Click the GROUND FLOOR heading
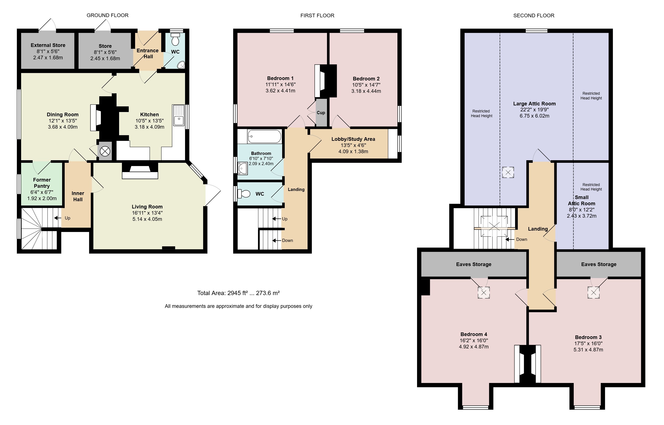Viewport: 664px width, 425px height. [107, 15]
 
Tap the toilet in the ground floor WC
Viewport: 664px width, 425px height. [175, 39]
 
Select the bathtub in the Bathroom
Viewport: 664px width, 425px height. [264, 136]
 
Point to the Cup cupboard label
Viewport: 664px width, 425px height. [321, 113]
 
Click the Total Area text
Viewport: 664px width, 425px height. [238, 293]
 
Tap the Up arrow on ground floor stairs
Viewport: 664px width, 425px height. [58, 218]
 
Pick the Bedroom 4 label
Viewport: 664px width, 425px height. [474, 334]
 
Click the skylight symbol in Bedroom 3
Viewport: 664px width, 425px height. [593, 293]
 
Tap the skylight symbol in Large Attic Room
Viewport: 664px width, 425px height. [508, 172]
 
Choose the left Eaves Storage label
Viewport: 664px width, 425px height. [474, 264]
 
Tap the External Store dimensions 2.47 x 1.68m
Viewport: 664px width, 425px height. [48, 58]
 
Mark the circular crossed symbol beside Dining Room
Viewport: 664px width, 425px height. [105, 151]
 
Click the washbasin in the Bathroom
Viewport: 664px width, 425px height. [242, 168]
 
